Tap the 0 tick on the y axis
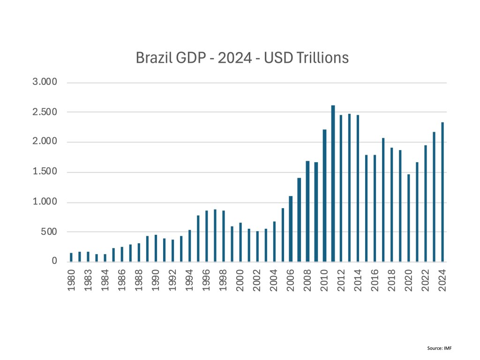(x=54, y=262)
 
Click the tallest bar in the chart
(x=333, y=183)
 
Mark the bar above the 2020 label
(x=409, y=218)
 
